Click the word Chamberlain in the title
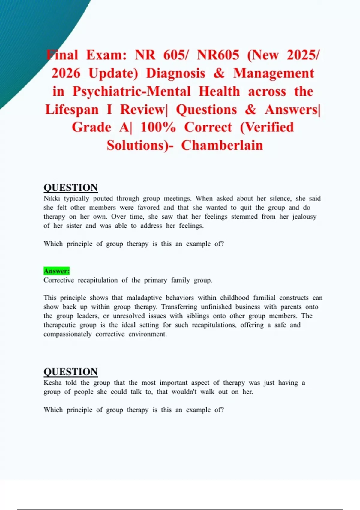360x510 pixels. (x=222, y=145)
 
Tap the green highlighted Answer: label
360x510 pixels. (x=56, y=271)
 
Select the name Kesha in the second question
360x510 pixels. (x=52, y=382)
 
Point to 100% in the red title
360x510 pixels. (x=158, y=127)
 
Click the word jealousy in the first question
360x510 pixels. (x=304, y=217)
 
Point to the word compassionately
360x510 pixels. (x=67, y=334)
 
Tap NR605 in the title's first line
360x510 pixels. (x=218, y=55)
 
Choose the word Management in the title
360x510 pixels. (x=274, y=73)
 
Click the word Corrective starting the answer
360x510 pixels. (x=58, y=280)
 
